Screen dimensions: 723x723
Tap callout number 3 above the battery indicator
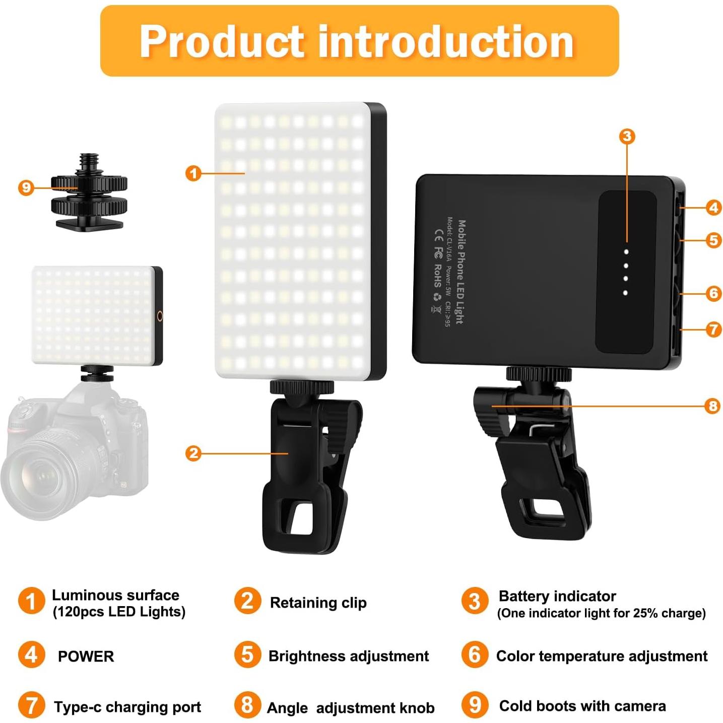click(x=627, y=136)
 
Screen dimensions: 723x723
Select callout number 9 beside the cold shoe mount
click(x=26, y=188)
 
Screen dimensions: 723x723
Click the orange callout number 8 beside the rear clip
click(x=712, y=406)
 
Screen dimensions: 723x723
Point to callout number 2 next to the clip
click(x=193, y=453)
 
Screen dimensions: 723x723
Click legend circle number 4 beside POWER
click(x=31, y=654)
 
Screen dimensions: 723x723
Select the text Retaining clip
click(x=318, y=603)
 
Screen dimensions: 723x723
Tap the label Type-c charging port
click(x=127, y=707)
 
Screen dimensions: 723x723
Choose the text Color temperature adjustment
click(x=602, y=656)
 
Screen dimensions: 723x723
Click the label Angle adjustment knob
click(x=351, y=708)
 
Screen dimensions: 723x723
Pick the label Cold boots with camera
click(x=582, y=706)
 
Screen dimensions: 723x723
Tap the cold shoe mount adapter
click(x=89, y=194)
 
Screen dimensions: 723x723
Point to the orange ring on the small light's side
click(x=160, y=316)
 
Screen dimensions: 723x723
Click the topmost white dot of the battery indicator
click(x=626, y=251)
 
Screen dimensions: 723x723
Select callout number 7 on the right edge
click(x=713, y=330)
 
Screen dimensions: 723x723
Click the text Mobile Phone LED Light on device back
click(x=461, y=272)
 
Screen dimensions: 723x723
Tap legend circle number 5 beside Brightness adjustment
click(x=247, y=654)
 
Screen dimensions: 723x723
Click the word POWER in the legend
click(x=86, y=656)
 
